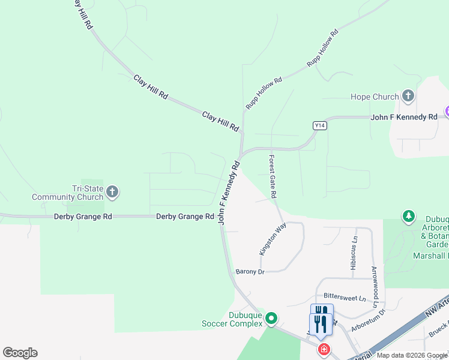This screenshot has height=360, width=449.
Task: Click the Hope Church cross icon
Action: click(408, 96)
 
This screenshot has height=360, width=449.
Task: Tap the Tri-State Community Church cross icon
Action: click(112, 193)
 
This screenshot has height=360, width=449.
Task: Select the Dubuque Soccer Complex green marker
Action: click(271, 317)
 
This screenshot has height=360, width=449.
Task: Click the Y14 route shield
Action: click(320, 125)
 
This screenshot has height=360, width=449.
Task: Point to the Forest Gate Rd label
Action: click(273, 176)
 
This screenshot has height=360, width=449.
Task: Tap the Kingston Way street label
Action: click(273, 239)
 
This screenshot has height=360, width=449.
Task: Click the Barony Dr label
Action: click(250, 272)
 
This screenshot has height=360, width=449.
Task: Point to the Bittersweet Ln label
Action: click(345, 296)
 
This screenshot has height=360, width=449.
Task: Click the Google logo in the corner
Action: click(20, 352)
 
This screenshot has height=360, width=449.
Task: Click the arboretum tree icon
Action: click(409, 216)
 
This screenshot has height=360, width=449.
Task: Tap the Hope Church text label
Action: click(375, 97)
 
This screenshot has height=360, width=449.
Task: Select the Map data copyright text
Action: click(412, 356)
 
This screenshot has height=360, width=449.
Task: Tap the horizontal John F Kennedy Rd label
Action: click(404, 117)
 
